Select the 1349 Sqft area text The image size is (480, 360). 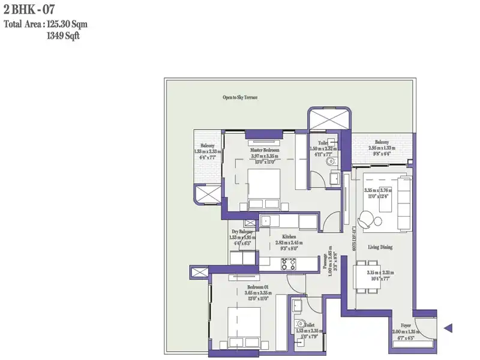pos(63,36)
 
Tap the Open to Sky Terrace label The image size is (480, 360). pos(240,97)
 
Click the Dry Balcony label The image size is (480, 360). pos(242,232)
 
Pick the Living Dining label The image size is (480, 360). pos(380,247)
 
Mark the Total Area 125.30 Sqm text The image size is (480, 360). pos(46,25)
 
